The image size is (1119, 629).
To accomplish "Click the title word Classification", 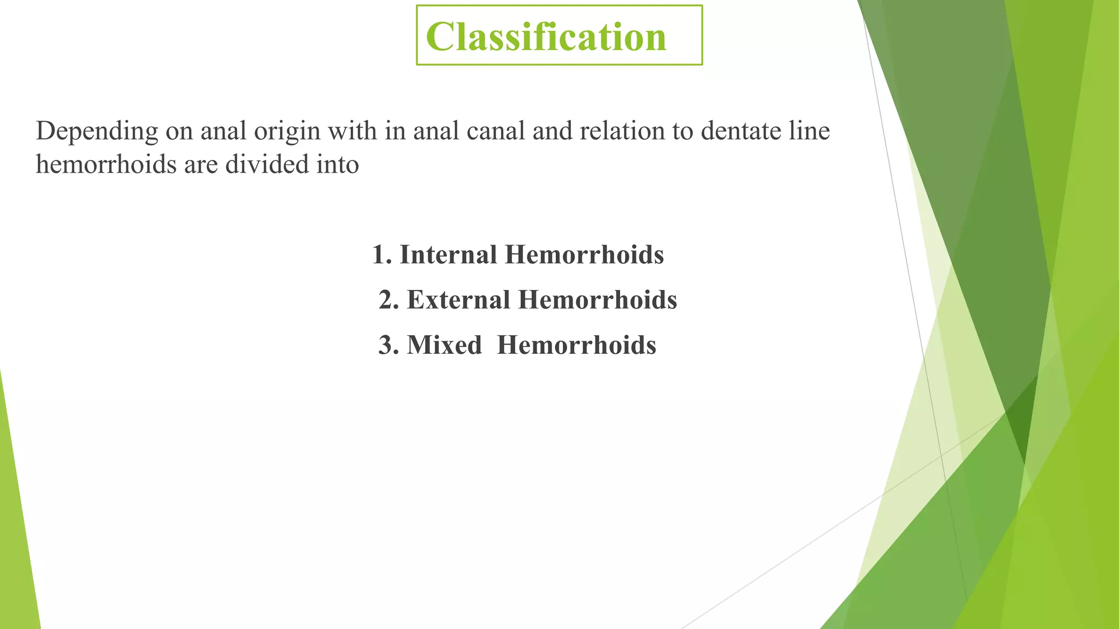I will pyautogui.click(x=546, y=37).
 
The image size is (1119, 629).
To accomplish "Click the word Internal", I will pyautogui.click(x=448, y=255).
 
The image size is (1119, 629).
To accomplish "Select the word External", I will pyautogui.click(x=458, y=300).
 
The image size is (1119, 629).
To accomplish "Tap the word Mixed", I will pyautogui.click(x=444, y=345).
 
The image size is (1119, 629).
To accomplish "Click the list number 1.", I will pyautogui.click(x=380, y=255).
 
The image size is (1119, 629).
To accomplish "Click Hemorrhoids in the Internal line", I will pyautogui.click(x=584, y=255).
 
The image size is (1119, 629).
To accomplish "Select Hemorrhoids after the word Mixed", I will pyautogui.click(x=576, y=345).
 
